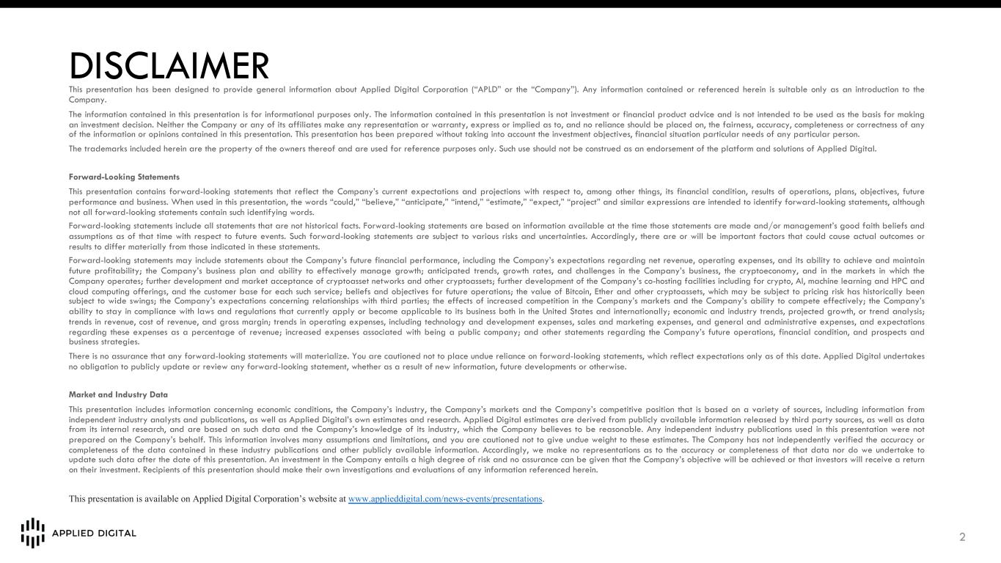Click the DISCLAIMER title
pos(169,67)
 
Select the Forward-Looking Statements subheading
pos(124,177)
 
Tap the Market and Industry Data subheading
pos(118,394)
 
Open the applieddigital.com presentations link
pos(445,499)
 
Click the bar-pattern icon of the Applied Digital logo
pos(32,533)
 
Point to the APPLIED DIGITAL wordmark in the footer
pos(94,534)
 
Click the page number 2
pos(962,538)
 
